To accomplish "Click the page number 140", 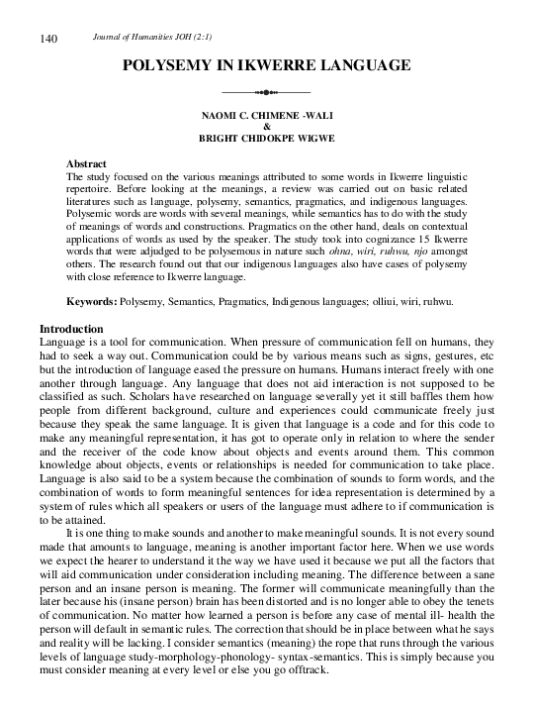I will tap(48, 39).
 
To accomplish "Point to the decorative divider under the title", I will tap(267, 91).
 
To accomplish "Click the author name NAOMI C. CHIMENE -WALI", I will tap(267, 116).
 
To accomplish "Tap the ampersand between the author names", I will tap(267, 127).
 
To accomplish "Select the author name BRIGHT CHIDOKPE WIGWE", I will tap(267, 139).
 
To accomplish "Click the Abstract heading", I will tap(86, 163).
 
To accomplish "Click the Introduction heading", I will tap(71, 328).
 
